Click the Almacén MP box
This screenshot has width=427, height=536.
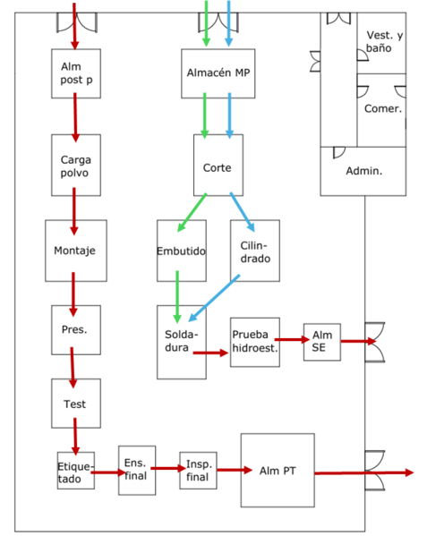pyautogui.click(x=218, y=73)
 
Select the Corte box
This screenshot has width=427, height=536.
pyautogui.click(x=218, y=166)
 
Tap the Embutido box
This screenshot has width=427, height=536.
pyautogui.click(x=181, y=251)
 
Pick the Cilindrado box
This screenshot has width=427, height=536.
pyautogui.click(x=254, y=251)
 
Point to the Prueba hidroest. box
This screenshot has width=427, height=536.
pyautogui.click(x=255, y=341)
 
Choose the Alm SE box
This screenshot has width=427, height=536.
pyautogui.click(x=321, y=341)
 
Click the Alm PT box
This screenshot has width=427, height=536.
pyautogui.click(x=278, y=470)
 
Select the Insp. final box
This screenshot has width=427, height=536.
pyautogui.click(x=198, y=470)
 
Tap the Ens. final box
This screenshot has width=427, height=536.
pyautogui.click(x=136, y=470)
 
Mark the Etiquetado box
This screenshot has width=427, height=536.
pyautogui.click(x=75, y=472)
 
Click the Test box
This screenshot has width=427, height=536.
pyautogui.click(x=75, y=404)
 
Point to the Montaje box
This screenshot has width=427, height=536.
pyautogui.click(x=75, y=251)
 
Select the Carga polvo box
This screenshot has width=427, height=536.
pyautogui.click(x=75, y=166)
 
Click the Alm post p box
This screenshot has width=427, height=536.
pyautogui.click(x=75, y=73)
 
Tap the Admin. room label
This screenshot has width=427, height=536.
pyautogui.click(x=363, y=170)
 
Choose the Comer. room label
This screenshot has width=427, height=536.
pyautogui.click(x=382, y=109)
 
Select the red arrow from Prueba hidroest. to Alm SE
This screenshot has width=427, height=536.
pyautogui.click(x=291, y=340)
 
